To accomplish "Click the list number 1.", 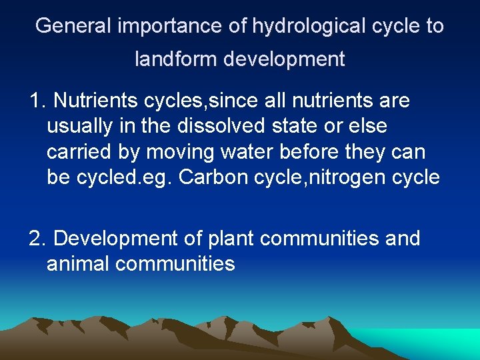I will coord(36,101).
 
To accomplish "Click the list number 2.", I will coord(36,239).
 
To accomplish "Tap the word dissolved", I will coord(235,126).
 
